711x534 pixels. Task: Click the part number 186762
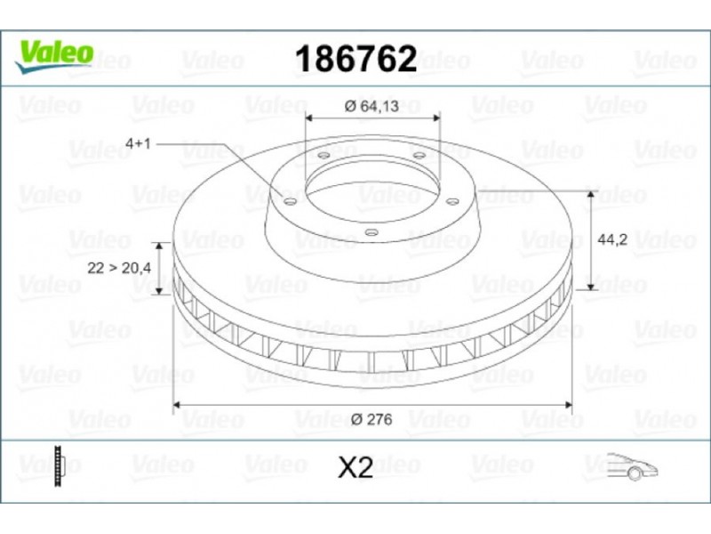(356, 59)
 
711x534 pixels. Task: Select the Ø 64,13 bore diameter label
(371, 106)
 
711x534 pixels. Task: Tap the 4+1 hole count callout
(138, 144)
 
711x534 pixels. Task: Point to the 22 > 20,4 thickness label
(119, 268)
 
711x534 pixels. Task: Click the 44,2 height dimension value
(612, 239)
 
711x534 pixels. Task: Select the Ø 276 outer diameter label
(371, 419)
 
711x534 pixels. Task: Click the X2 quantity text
(355, 468)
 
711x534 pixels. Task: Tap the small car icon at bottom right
(632, 466)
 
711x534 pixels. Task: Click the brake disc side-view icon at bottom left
(59, 465)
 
